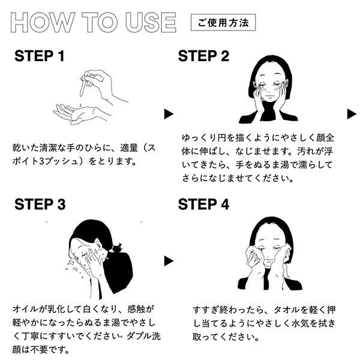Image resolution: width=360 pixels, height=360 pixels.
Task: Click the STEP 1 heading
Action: [x=39, y=56]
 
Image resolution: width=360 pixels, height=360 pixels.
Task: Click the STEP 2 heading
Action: [x=203, y=56]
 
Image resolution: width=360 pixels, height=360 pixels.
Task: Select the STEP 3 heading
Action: [x=40, y=204]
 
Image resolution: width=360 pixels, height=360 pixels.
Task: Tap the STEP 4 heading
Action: [x=203, y=204]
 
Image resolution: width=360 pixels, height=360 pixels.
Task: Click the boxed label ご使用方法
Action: [x=223, y=23]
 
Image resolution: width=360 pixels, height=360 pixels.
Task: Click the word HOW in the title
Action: [x=43, y=22]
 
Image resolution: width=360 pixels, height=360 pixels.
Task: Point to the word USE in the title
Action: [x=151, y=22]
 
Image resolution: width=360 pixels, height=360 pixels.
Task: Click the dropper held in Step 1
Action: [x=85, y=85]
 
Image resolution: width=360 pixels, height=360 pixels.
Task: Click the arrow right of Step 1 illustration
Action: [x=168, y=114]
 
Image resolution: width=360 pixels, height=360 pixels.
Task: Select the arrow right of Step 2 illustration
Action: [x=351, y=114]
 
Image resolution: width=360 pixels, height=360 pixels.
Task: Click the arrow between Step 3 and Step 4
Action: [x=168, y=261]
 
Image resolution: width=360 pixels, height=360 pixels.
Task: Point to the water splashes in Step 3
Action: [x=73, y=268]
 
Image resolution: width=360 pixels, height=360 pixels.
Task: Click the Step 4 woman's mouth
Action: [x=271, y=259]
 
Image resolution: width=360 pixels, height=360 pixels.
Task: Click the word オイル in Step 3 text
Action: [x=25, y=309]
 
